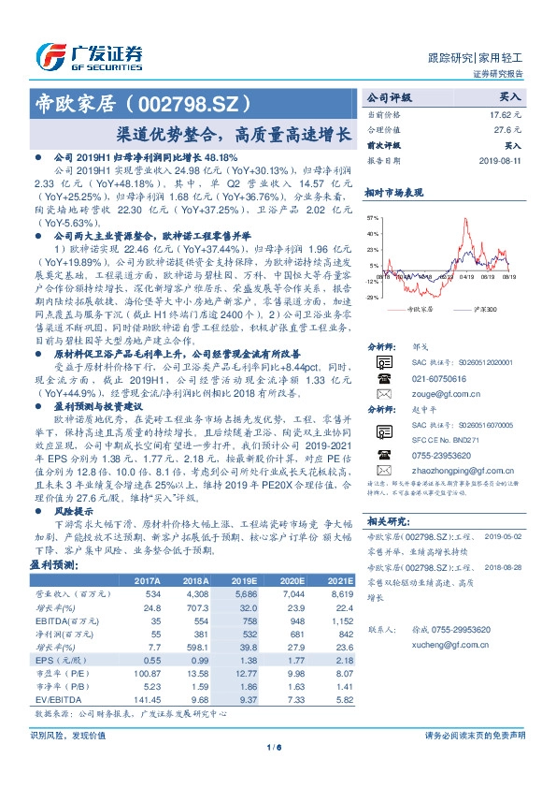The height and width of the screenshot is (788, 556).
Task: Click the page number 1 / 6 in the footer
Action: point(274,746)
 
